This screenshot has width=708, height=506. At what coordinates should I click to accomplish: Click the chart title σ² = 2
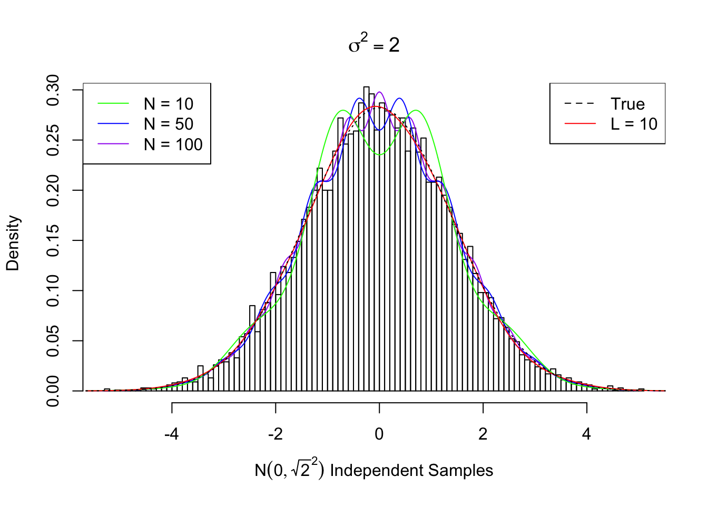coord(374,45)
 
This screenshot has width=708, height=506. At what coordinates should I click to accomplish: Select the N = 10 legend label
coord(169,104)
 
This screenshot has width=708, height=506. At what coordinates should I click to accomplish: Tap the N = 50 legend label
coord(169,124)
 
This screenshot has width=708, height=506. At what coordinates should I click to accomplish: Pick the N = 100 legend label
coord(173,144)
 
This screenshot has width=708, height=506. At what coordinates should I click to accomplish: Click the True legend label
coord(627,104)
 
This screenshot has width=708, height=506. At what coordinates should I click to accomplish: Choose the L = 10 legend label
coord(634,124)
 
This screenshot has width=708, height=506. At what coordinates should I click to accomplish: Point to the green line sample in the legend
coord(113,104)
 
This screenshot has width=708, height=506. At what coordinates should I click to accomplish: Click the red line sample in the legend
coord(580,124)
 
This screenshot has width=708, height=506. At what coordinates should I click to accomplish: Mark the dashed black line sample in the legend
coord(580,104)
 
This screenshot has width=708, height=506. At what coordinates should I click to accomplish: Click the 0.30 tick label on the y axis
coord(53,90)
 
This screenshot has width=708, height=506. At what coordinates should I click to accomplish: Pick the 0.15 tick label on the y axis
coord(53,240)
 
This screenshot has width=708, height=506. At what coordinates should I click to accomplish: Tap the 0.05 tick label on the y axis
coord(53,340)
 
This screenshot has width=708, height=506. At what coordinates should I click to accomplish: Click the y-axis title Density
coord(13,243)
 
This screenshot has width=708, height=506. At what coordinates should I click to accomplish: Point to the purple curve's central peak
coord(379,93)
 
